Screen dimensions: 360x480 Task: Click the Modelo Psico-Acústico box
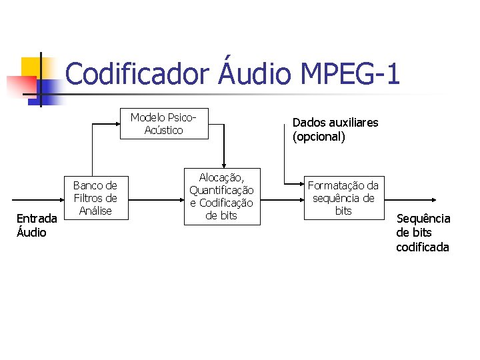[164, 123]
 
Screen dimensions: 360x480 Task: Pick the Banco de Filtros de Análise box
[95, 197]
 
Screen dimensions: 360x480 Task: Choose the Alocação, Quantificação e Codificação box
[221, 196]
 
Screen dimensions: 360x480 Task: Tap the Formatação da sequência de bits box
[343, 198]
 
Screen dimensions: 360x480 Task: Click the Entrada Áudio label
[37, 225]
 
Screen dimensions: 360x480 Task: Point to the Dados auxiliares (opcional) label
[335, 130]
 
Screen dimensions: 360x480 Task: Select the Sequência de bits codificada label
[423, 233]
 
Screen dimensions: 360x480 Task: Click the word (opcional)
[319, 137]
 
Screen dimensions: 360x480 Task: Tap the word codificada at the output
[423, 247]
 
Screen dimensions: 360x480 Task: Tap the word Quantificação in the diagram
[221, 190]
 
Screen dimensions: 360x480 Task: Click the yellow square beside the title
[31, 67]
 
